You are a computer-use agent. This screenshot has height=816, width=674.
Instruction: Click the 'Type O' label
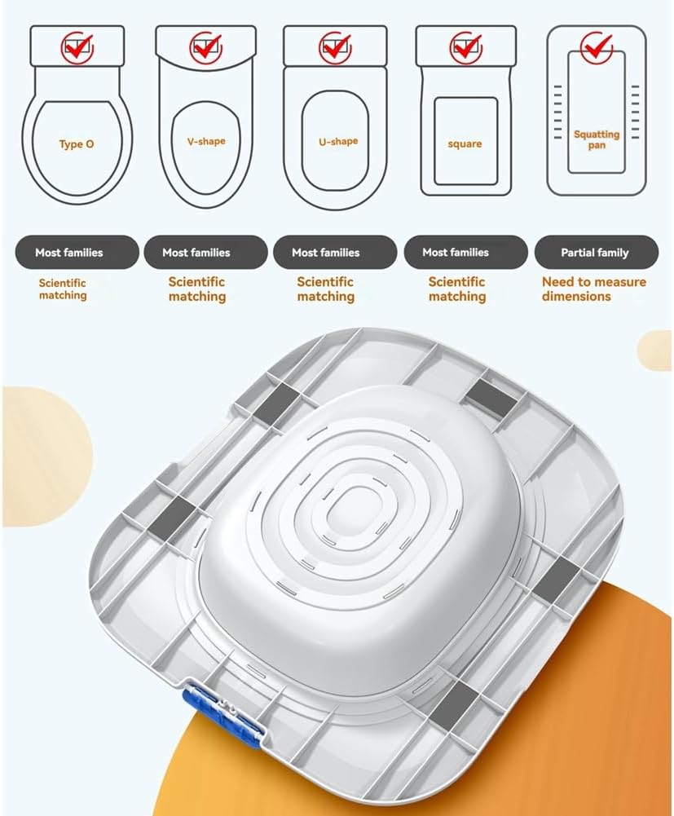(x=77, y=144)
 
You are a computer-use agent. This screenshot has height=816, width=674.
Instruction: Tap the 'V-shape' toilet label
(x=206, y=141)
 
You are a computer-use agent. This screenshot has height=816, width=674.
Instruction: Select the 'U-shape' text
(x=338, y=141)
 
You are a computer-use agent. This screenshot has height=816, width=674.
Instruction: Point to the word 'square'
(x=465, y=144)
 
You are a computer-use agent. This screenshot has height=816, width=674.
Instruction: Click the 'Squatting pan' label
(x=597, y=139)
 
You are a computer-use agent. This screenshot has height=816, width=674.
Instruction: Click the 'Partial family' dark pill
(x=597, y=253)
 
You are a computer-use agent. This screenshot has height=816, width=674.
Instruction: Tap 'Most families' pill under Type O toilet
(x=77, y=253)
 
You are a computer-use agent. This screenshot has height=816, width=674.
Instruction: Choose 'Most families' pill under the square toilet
(x=466, y=253)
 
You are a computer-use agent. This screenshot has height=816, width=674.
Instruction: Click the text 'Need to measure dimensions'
(x=594, y=289)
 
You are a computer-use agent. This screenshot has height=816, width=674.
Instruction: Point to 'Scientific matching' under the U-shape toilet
(x=325, y=289)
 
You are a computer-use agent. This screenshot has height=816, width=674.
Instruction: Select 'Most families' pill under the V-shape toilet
(x=205, y=253)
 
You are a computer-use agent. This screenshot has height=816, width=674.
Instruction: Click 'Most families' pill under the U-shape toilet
(x=335, y=253)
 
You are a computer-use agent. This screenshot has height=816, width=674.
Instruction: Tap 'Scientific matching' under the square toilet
(x=457, y=289)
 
